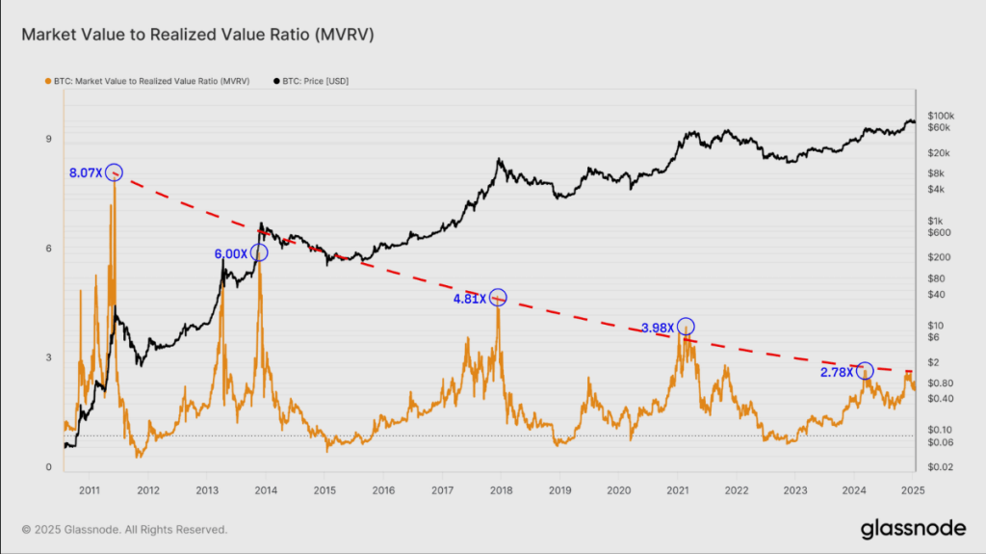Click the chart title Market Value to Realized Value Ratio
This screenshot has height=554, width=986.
(x=197, y=36)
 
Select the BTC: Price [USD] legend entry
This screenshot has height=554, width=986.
(x=313, y=82)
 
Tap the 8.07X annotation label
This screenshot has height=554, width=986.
(x=85, y=173)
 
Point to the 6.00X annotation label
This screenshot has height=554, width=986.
(x=230, y=253)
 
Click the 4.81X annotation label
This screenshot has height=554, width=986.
(x=470, y=299)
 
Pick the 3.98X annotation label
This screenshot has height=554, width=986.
(x=658, y=328)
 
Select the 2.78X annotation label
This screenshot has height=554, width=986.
(x=837, y=372)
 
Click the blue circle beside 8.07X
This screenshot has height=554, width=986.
(x=114, y=172)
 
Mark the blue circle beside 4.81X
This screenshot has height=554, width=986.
(x=498, y=297)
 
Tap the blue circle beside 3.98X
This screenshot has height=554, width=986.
(x=686, y=327)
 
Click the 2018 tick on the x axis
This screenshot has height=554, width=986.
(x=501, y=490)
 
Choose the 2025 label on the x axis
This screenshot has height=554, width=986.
(x=912, y=490)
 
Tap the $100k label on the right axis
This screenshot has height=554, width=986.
(x=939, y=115)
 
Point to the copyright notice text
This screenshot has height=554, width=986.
(x=124, y=529)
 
